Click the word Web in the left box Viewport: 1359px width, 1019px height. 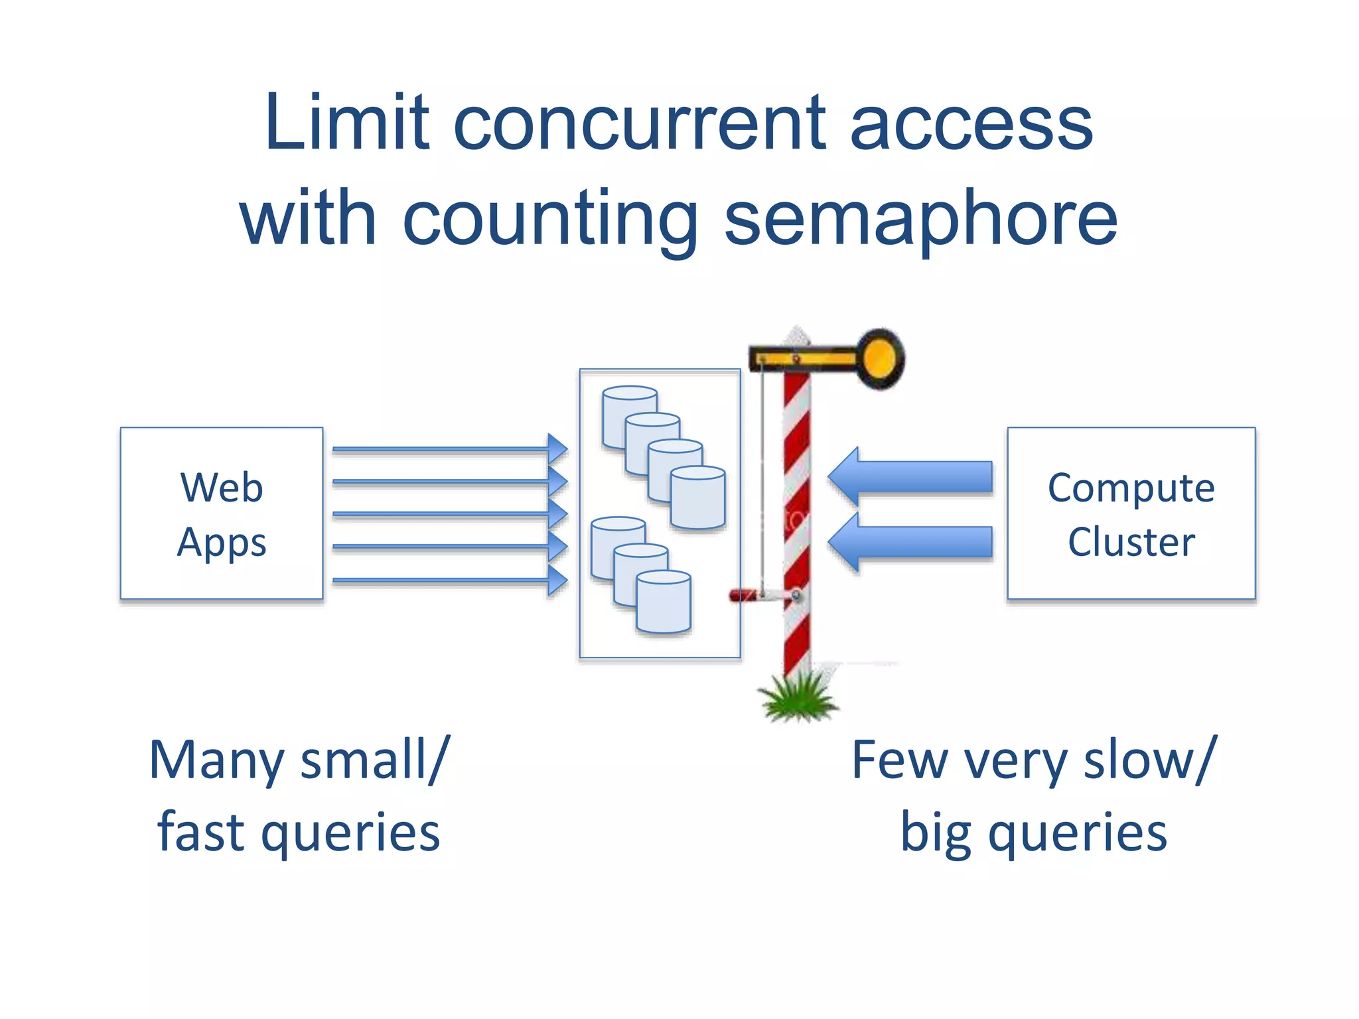point(222,488)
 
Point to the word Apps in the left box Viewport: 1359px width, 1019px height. point(222,543)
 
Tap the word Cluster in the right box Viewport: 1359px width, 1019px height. point(1131,543)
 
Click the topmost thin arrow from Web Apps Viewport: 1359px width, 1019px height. point(450,449)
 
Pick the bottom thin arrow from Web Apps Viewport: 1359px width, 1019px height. point(450,581)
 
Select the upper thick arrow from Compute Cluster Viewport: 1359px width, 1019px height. point(910,477)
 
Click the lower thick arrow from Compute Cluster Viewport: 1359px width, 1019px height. point(910,542)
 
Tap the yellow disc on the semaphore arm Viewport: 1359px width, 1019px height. point(881,359)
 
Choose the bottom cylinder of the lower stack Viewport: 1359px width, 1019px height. point(664,602)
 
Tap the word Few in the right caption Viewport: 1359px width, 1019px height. point(900,761)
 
